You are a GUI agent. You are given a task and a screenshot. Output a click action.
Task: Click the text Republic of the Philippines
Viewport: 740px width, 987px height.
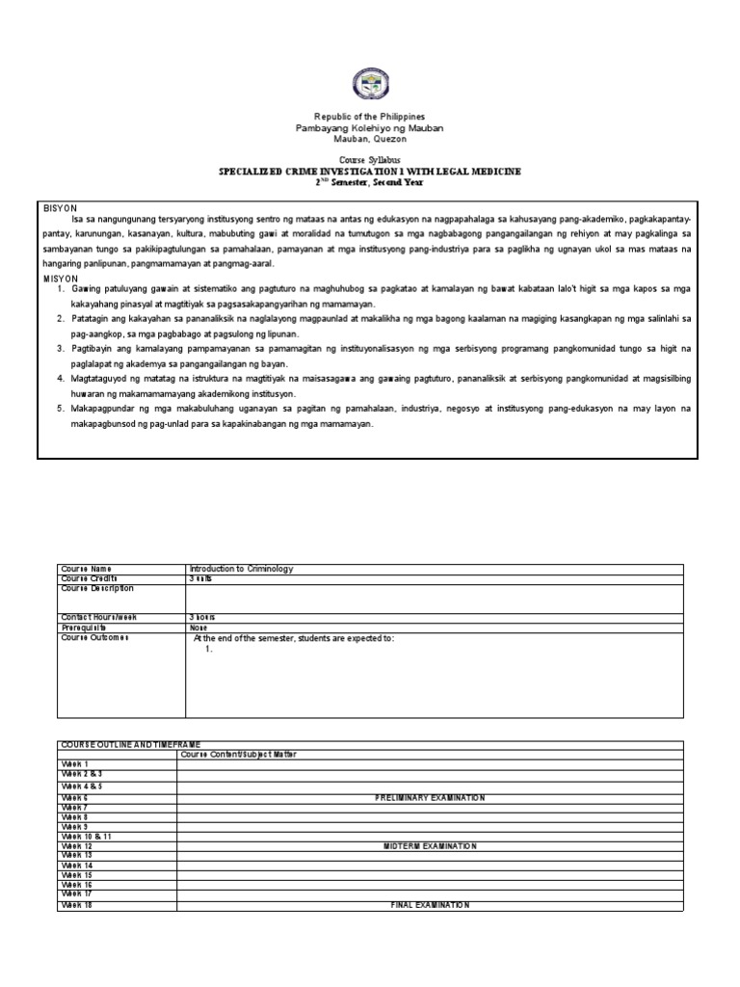tap(370, 117)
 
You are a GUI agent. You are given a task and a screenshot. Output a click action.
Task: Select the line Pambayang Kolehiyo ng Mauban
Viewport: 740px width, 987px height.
tap(370, 128)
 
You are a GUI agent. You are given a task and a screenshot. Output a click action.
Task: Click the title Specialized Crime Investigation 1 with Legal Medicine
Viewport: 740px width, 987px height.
tap(370, 171)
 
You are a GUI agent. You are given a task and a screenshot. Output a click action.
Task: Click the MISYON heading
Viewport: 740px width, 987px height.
tap(61, 278)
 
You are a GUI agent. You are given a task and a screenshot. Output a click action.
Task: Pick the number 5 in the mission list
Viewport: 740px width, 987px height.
tap(60, 409)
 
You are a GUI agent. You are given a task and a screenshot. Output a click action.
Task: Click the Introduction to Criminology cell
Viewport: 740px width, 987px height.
tap(241, 569)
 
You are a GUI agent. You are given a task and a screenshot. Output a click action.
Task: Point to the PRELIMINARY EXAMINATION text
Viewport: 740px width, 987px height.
tap(430, 798)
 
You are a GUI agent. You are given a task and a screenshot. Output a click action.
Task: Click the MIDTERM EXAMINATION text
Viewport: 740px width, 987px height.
tap(430, 845)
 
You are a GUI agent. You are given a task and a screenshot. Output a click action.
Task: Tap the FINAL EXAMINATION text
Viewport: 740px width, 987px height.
tap(430, 905)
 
